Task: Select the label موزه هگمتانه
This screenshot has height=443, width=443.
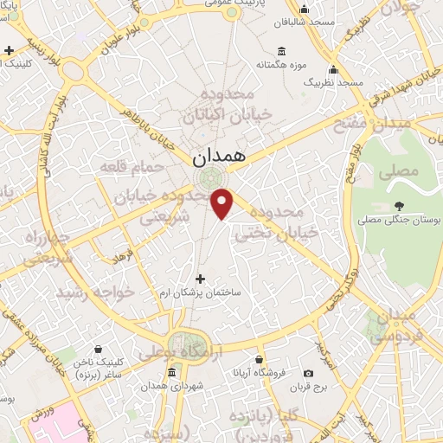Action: (x=277, y=64)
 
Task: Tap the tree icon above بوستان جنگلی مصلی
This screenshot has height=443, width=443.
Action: (x=399, y=206)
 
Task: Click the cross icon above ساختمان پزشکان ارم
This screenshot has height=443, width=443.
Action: (x=202, y=279)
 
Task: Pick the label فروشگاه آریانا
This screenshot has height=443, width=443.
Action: (x=260, y=371)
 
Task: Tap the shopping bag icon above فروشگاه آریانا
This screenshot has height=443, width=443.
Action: (x=259, y=358)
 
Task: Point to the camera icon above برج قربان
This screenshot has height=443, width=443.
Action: (x=309, y=373)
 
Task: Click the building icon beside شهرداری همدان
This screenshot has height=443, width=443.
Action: (x=171, y=373)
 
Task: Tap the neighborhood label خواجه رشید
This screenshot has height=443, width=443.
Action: (x=96, y=293)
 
